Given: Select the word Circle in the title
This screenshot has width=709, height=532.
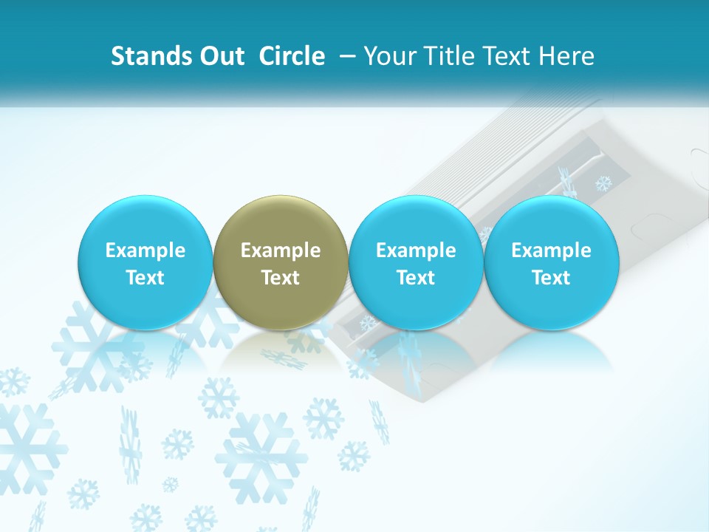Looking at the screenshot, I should [292, 56].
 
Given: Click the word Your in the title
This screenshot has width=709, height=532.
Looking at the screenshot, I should [388, 56].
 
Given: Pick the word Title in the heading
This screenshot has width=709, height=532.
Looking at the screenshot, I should [448, 56].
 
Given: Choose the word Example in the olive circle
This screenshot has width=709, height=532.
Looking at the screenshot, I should [281, 250].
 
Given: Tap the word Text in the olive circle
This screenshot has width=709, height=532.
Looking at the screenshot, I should [281, 278].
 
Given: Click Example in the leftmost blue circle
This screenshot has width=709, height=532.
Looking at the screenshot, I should [145, 250].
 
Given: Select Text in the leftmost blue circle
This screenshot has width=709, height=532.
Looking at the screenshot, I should [145, 278].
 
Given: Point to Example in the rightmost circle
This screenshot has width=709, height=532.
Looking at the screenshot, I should [551, 250].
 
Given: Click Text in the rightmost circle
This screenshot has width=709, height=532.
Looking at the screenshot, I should [551, 278].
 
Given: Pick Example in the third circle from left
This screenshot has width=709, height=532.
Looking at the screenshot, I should [416, 250].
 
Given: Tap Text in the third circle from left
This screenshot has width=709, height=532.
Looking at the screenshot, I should [416, 278].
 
